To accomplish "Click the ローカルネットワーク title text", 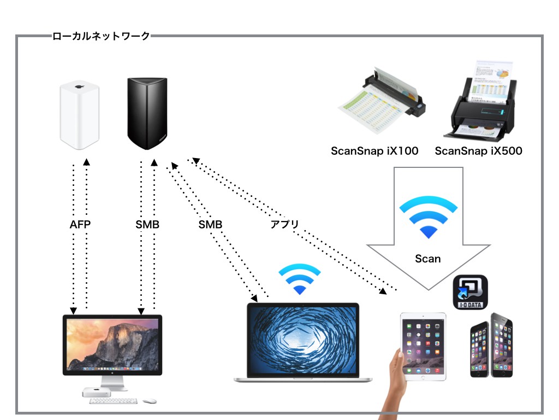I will (x=101, y=37).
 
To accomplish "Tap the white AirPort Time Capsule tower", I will (x=79, y=115).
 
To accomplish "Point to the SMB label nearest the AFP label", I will (x=147, y=224).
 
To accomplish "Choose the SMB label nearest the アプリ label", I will (x=210, y=224).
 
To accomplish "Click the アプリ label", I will (x=284, y=224).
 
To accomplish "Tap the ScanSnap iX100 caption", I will (x=374, y=151).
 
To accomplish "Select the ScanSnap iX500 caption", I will (x=478, y=151).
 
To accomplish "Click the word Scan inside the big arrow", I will (x=427, y=259).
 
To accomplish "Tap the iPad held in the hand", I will (x=423, y=346).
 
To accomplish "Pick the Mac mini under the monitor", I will (x=96, y=392).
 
